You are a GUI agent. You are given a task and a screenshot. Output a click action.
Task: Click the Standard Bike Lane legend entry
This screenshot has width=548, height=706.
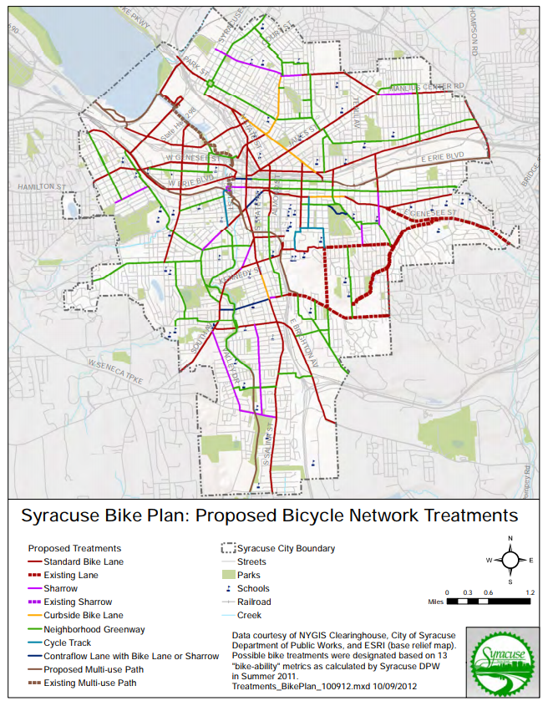83,562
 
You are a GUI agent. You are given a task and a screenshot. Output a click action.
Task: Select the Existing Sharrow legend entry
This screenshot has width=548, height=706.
78,602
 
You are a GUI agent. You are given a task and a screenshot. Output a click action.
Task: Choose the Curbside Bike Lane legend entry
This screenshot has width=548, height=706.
84,615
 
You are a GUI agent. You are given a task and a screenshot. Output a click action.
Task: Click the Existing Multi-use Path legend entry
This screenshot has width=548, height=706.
92,683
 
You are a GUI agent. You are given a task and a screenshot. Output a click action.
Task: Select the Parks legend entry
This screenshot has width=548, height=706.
249,575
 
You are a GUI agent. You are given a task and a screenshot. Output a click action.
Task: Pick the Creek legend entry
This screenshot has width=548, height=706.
249,615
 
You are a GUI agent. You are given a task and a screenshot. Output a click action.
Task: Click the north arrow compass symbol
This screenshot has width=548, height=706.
509,559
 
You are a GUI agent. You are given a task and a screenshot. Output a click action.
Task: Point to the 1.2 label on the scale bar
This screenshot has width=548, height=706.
529,592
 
